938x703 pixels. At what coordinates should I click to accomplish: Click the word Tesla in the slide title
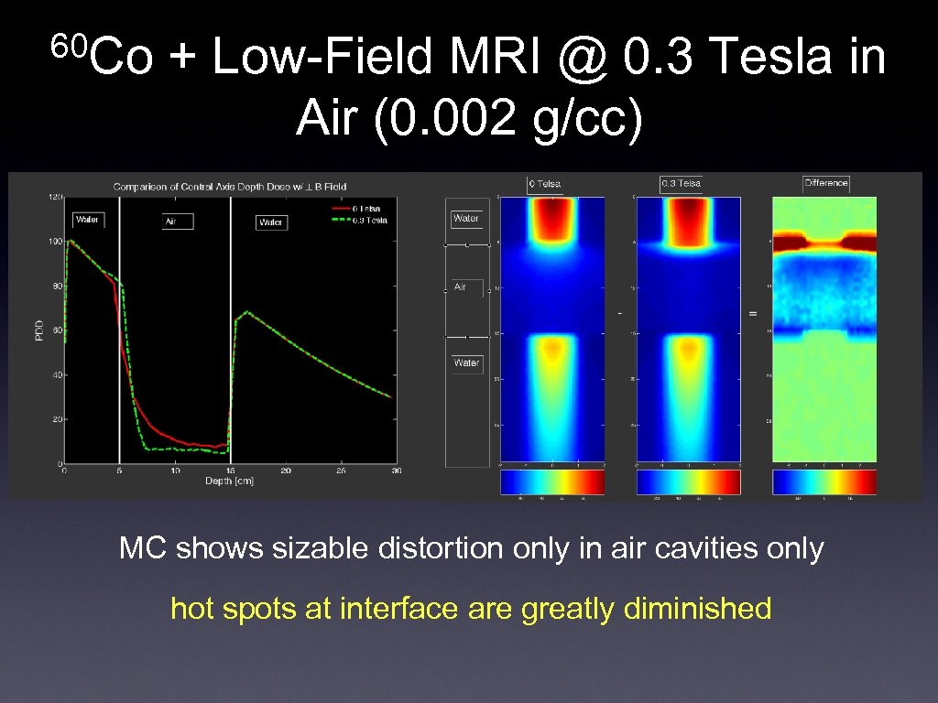(x=769, y=58)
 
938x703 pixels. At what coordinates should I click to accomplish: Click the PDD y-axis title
(x=39, y=330)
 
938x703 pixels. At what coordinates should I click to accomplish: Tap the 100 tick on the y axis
(x=54, y=242)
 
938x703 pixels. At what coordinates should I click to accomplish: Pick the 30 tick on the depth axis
(x=396, y=471)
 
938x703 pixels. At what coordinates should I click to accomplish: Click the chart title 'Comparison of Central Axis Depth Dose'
(x=230, y=187)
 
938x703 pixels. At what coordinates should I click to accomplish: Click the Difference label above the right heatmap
(x=825, y=183)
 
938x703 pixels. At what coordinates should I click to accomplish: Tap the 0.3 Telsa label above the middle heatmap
(x=681, y=183)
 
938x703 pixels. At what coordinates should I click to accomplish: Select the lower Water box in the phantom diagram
(x=466, y=363)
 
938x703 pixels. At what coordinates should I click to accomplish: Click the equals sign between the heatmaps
(x=753, y=314)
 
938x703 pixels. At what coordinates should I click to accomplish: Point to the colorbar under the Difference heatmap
(x=825, y=481)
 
